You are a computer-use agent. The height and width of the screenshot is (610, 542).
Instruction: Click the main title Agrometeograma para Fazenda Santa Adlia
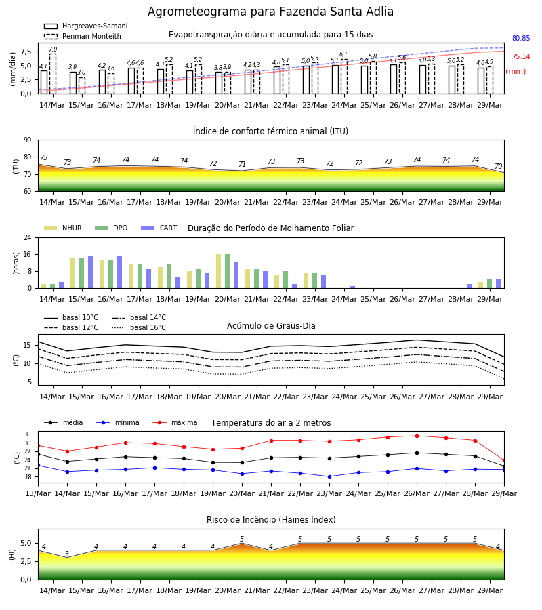[x=270, y=12]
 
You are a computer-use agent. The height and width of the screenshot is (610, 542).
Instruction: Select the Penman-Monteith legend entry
[x=83, y=36]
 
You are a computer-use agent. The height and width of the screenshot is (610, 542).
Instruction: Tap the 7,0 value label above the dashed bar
[x=53, y=49]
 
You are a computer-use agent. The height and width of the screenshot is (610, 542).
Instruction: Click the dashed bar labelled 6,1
[x=344, y=77]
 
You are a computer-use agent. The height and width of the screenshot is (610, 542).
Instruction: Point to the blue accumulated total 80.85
[x=521, y=38]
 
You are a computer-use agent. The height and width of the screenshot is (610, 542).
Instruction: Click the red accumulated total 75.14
[x=521, y=56]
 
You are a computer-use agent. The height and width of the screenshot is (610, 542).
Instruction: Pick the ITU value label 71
[x=243, y=164]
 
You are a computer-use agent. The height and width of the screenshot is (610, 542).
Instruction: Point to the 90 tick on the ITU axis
[x=28, y=140]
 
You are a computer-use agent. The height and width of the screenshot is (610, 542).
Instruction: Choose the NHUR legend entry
[x=63, y=228]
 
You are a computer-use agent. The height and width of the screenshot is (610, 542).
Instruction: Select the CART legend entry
[x=159, y=228]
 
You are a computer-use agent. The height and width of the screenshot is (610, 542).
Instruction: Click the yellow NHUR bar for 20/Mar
[x=219, y=271]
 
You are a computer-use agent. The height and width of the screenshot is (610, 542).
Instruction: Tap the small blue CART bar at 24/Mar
[x=353, y=287]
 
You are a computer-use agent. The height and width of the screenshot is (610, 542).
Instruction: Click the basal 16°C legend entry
[x=139, y=327]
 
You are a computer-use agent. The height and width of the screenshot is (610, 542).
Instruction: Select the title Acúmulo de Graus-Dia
[x=271, y=325]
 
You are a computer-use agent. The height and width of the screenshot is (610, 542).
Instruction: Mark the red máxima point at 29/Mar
[x=504, y=461]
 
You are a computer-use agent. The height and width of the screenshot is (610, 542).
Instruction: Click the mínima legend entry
[x=118, y=422]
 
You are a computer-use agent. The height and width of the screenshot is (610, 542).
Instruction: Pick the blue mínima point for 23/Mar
[x=330, y=476]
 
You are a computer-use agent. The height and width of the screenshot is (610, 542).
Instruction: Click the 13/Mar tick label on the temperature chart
[x=38, y=493]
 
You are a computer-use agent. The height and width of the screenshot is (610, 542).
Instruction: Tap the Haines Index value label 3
[x=67, y=554]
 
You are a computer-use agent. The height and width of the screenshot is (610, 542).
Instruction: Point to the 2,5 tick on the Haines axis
[x=26, y=561]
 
